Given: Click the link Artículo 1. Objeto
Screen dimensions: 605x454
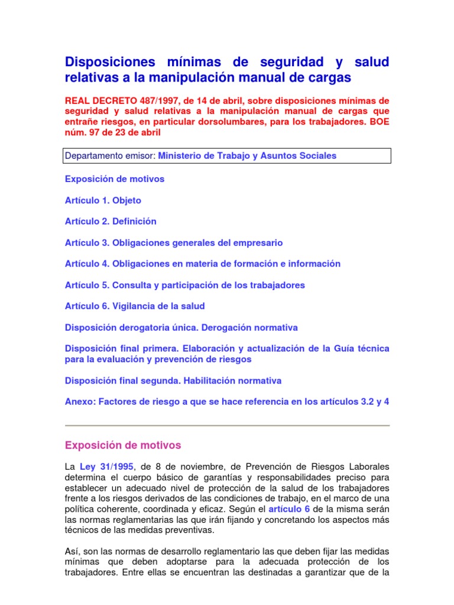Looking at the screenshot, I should (x=103, y=200).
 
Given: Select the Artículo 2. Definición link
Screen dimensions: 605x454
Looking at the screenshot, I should (x=111, y=222).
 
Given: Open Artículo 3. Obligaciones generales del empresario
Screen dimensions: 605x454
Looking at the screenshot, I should (x=174, y=243).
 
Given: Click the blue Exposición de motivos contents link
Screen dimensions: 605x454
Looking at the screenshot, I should (x=115, y=179).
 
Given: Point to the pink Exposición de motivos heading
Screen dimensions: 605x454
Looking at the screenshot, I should (x=123, y=445).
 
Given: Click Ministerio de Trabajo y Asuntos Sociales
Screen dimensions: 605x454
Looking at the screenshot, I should (x=247, y=156).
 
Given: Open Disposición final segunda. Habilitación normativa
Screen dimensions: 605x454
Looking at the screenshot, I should (x=173, y=380).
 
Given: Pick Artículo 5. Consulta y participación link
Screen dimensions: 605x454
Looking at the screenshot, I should (x=185, y=285).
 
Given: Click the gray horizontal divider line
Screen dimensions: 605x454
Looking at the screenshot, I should (x=227, y=425).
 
